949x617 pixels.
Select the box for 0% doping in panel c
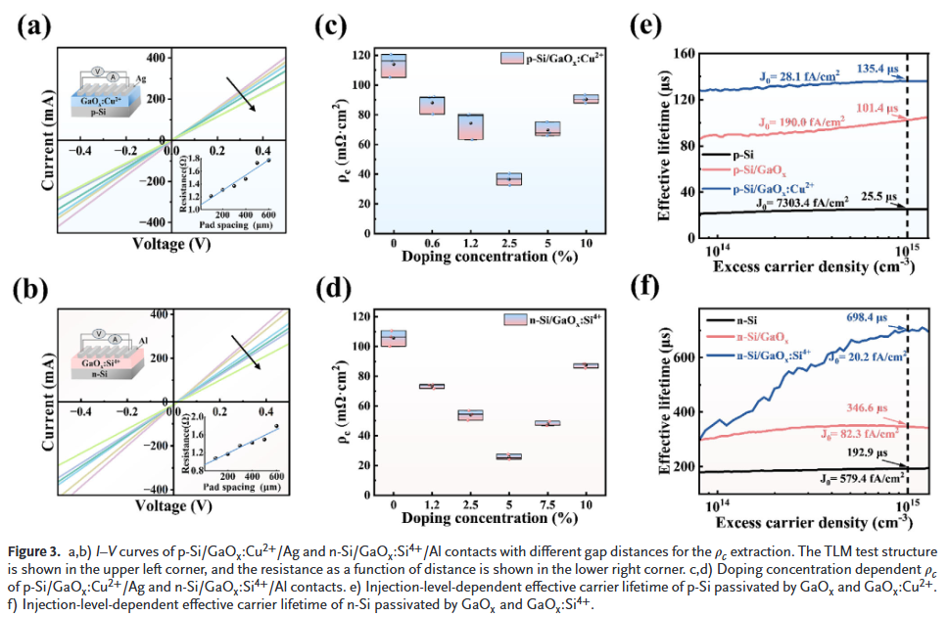(394, 66)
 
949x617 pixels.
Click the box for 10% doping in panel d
(586, 365)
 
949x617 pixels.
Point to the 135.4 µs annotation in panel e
(879, 70)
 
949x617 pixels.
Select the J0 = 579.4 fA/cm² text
(863, 477)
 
